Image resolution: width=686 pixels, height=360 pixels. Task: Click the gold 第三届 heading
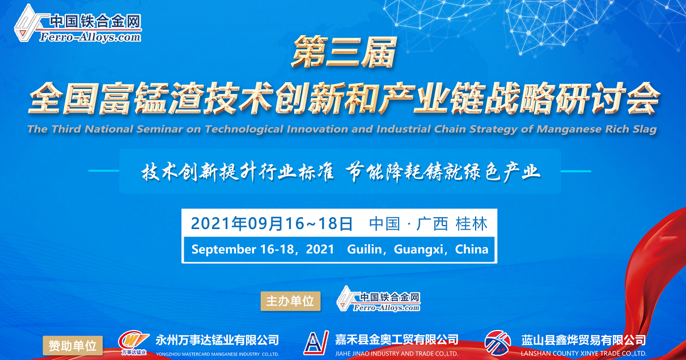pos(344,52)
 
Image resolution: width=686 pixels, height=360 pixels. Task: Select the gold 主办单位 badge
pos(290,301)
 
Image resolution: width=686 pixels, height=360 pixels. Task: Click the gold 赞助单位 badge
pos(73,346)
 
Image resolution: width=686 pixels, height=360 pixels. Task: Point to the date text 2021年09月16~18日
pos(272,224)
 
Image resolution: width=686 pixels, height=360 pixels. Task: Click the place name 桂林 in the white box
pos(472,224)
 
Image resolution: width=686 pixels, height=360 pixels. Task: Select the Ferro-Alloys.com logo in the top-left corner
pos(78,24)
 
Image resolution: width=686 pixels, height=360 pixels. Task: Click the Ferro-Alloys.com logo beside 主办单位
pos(378,299)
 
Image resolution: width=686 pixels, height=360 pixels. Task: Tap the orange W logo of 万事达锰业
pos(134,343)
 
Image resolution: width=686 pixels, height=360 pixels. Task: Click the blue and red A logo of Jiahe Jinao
pos(316,342)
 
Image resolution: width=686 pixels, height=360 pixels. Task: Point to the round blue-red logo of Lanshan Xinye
pos(498,343)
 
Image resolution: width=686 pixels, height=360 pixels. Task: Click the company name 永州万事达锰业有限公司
pos(217,340)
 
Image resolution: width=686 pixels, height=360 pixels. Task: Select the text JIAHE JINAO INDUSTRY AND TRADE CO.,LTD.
pos(397,354)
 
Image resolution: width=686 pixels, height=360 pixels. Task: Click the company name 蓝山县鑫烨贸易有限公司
pos(583,340)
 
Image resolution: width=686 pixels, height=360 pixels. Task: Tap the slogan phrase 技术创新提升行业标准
pos(238,172)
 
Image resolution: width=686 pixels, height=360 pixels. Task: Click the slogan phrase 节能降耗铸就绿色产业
pos(443,172)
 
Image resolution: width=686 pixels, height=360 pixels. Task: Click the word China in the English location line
pos(472,249)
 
